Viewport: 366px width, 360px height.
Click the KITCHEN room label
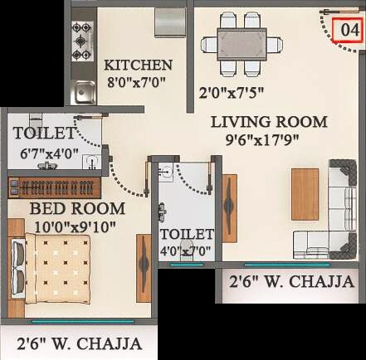(x=138, y=66)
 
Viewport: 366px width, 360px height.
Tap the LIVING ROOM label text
(x=268, y=122)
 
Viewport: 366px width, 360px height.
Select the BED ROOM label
(x=76, y=208)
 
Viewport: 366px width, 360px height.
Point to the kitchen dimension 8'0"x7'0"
(x=138, y=84)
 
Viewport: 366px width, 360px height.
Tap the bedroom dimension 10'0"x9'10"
(x=76, y=225)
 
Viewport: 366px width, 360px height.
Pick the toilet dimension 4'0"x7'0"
(x=187, y=251)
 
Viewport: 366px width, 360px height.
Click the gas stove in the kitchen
(x=81, y=41)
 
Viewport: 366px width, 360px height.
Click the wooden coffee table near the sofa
(x=305, y=194)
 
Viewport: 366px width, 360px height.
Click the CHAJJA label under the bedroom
(x=79, y=343)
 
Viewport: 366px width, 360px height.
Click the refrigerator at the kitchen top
(x=170, y=22)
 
